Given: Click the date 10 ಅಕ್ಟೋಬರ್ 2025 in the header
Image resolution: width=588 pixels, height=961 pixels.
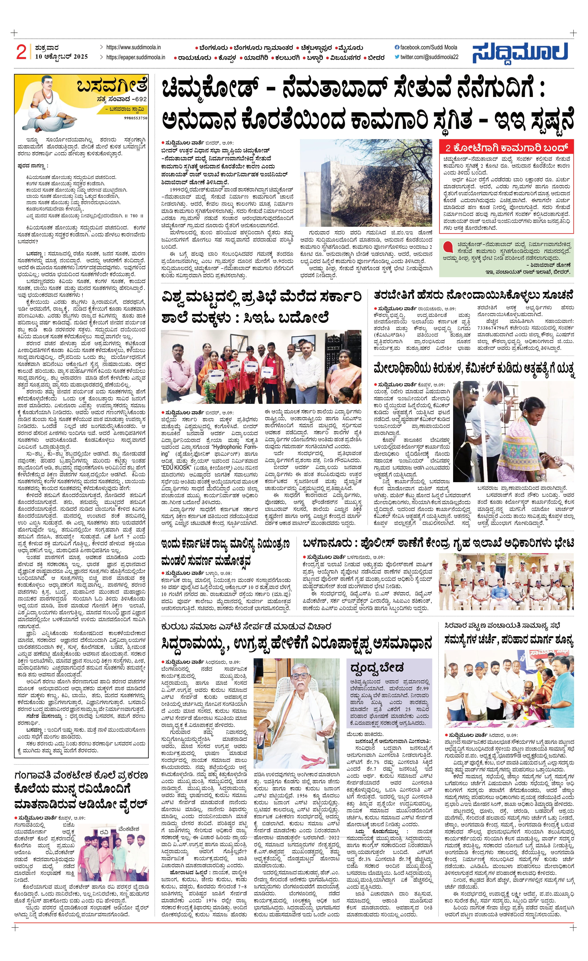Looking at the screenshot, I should tap(61, 57).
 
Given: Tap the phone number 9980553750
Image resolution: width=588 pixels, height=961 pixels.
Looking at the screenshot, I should tap(135, 118).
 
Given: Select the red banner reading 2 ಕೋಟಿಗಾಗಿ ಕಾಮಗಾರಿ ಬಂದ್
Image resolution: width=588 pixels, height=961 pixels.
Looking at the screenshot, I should tap(506, 148).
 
